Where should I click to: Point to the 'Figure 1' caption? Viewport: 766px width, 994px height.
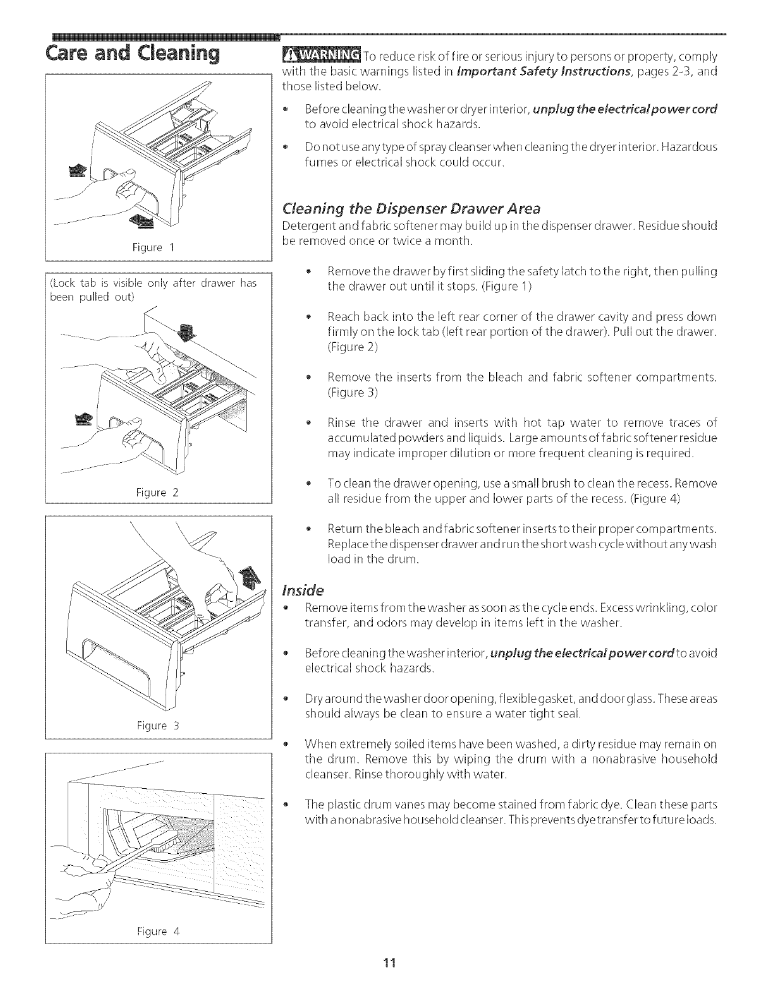(x=158, y=248)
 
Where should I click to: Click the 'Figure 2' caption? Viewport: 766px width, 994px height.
(x=158, y=492)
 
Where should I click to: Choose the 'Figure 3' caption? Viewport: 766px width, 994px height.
(x=158, y=726)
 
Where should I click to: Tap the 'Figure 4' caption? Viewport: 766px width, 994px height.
(x=158, y=931)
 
